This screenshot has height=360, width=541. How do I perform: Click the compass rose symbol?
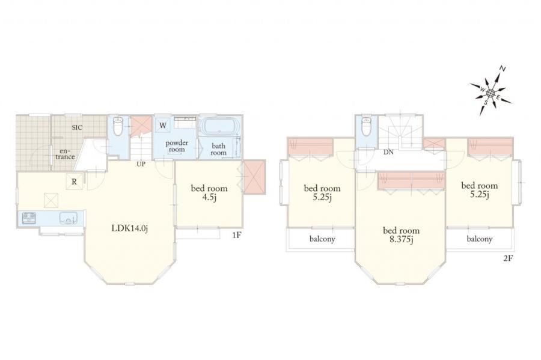pos(491,92)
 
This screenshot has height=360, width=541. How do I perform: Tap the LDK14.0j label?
pos(130,228)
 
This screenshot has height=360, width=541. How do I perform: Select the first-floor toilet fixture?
pos(118,126)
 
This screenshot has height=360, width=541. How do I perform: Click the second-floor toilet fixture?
pos(365,126)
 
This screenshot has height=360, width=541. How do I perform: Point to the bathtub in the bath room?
pos(219,126)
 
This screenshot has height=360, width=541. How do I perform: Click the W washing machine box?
pos(162,126)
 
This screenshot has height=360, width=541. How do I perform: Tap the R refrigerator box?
pos(74,182)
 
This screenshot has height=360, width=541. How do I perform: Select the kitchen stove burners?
pos(29,218)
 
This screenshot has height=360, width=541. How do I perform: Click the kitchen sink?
pos(69,218)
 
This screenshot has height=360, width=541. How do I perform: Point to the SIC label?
pos(77,127)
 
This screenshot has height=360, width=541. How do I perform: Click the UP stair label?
pos(141,164)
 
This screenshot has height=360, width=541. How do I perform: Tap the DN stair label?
pos(388,152)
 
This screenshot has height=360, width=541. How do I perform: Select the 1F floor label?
pos(236,236)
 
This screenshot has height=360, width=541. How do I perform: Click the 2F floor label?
pos(507,258)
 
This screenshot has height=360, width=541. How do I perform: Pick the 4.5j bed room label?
pos(209,192)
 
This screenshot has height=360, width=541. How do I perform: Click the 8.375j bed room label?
pos(401,234)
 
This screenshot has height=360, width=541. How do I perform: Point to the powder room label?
pos(177,146)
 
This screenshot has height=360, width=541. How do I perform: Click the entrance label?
pos(65,154)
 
